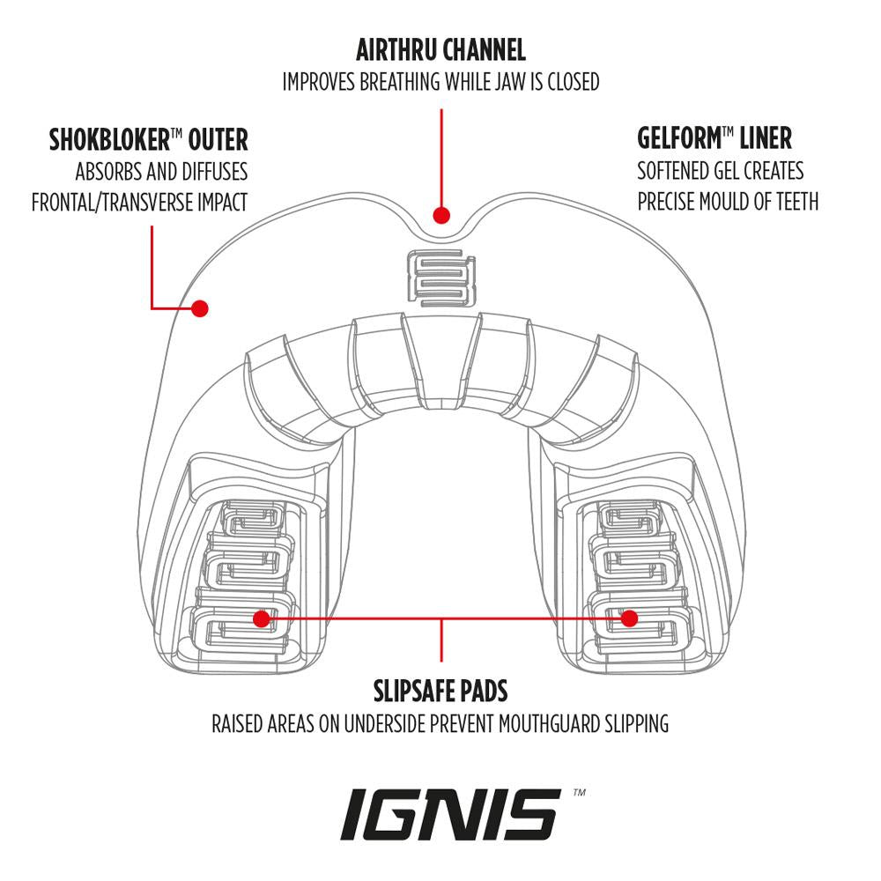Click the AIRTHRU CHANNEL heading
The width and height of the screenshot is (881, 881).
click(x=440, y=48)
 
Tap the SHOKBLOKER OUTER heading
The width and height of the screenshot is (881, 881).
click(x=149, y=139)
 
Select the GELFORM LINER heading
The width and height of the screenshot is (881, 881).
click(x=714, y=138)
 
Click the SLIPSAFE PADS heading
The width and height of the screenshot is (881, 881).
click(x=440, y=690)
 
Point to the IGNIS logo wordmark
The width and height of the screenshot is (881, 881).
click(x=450, y=815)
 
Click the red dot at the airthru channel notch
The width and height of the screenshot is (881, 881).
click(x=441, y=214)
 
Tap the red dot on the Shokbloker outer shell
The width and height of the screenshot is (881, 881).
click(x=200, y=308)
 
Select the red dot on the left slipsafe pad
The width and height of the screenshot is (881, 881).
click(x=261, y=618)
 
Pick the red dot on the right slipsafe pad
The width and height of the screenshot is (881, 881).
click(x=628, y=618)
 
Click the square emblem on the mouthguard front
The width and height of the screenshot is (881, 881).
click(x=441, y=278)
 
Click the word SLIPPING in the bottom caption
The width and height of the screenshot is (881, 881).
click(x=633, y=724)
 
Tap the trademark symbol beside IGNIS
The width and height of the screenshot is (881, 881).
click(x=579, y=793)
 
